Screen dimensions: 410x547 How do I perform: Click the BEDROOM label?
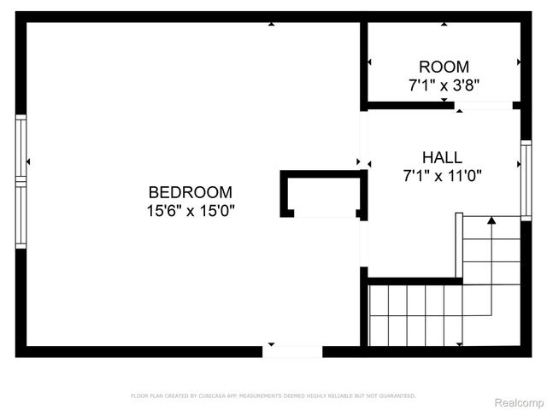[x=190, y=192]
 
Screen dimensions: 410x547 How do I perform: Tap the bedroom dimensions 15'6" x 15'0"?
[x=190, y=209]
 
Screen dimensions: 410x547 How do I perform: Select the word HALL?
[x=442, y=158]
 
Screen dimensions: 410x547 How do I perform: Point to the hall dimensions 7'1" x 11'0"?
[x=442, y=176]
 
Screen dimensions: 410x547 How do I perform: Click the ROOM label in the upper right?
[x=444, y=67]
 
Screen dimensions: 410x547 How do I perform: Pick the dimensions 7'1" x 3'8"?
[x=444, y=85]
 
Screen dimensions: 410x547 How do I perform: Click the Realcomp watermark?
[x=519, y=401]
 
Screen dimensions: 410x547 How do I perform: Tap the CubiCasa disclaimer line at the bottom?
[x=273, y=395]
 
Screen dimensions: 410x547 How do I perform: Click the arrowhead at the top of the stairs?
[x=491, y=221]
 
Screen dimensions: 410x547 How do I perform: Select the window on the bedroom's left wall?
[x=21, y=181]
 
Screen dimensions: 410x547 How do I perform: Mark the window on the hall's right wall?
[x=526, y=180]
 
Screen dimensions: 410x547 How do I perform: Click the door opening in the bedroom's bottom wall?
[x=292, y=351]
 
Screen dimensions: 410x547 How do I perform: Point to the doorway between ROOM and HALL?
[x=483, y=106]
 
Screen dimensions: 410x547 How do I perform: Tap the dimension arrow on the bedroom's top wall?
[x=271, y=24]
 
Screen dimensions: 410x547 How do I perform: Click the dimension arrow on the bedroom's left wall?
[x=28, y=161]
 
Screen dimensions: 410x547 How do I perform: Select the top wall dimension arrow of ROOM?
[x=444, y=24]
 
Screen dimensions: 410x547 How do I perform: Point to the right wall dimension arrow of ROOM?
[x=518, y=61]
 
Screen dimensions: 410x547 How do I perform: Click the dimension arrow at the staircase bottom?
[x=460, y=344]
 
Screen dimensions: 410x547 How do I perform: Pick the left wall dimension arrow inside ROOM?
[x=369, y=61]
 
